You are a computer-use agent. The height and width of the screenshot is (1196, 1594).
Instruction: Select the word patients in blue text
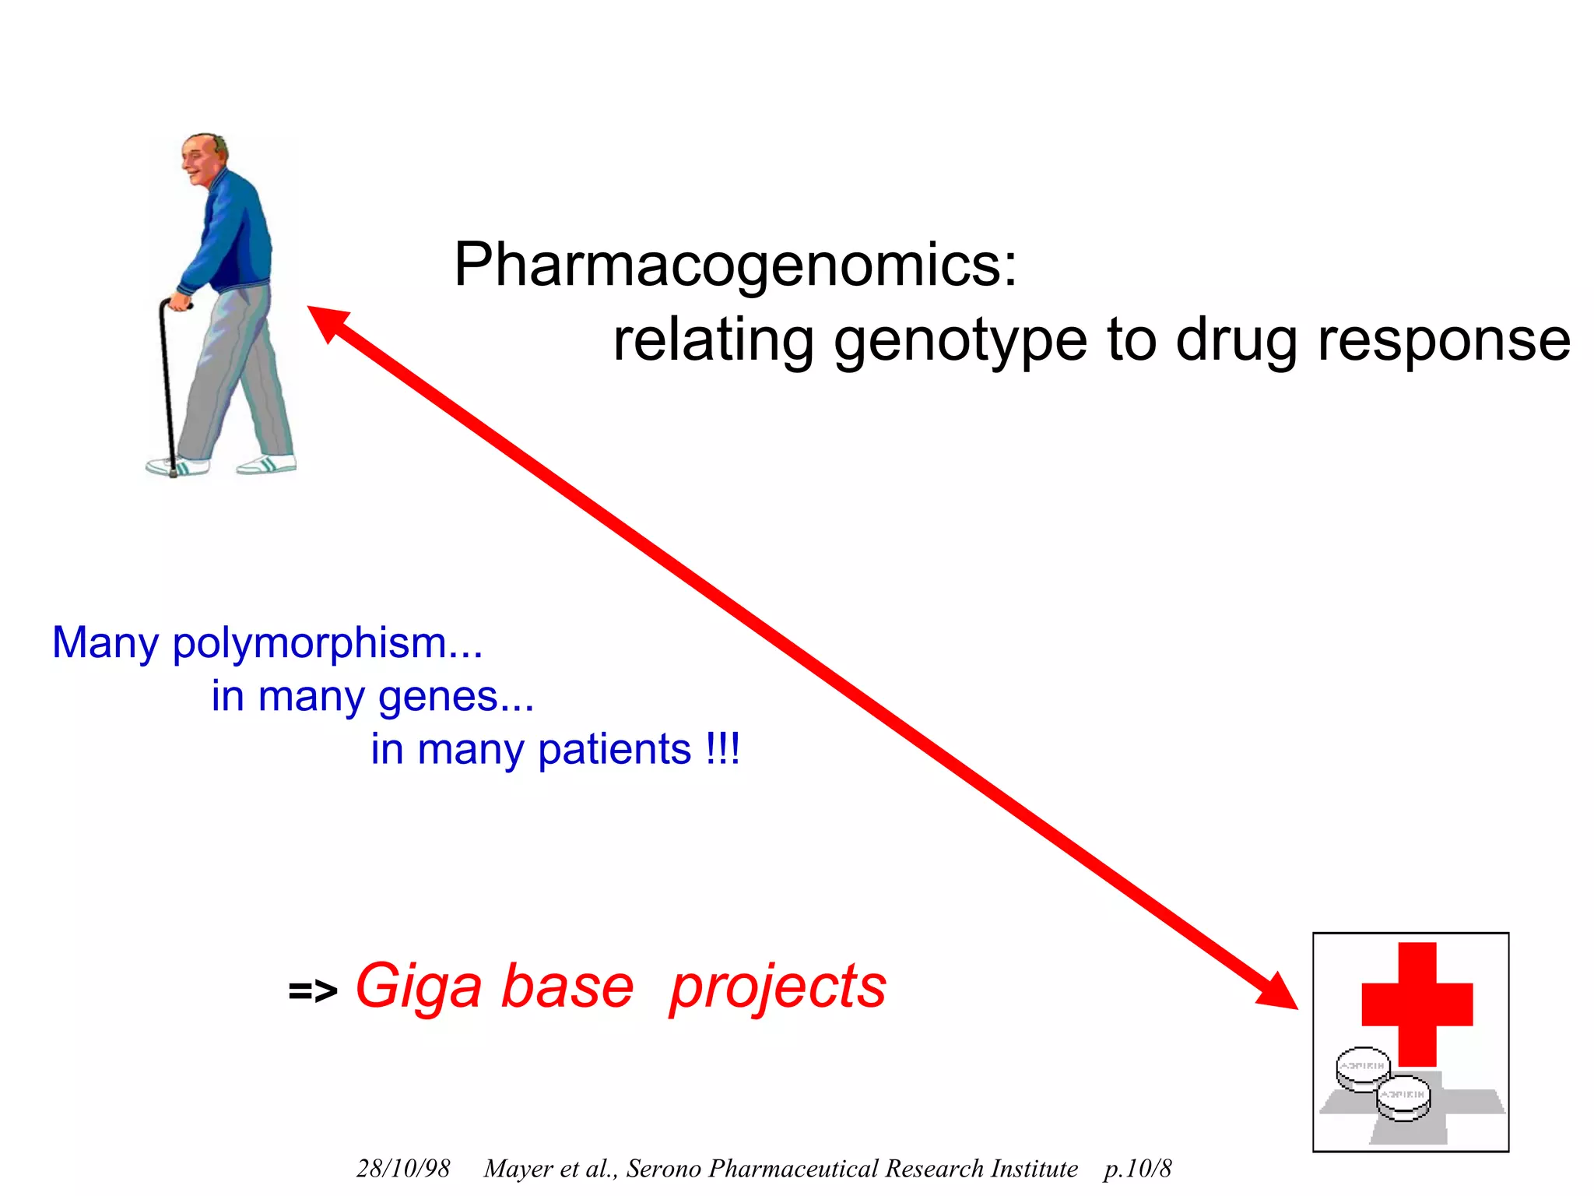(x=615, y=751)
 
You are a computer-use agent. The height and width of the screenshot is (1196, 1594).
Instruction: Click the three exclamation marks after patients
(x=723, y=749)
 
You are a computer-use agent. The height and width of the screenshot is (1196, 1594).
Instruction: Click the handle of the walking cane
(x=176, y=303)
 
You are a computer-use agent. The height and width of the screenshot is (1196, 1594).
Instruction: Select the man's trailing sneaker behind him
(x=266, y=466)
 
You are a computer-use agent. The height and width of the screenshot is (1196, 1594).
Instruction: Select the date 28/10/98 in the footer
(x=403, y=1169)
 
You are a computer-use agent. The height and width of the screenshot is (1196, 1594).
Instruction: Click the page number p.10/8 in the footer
(x=1137, y=1169)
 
